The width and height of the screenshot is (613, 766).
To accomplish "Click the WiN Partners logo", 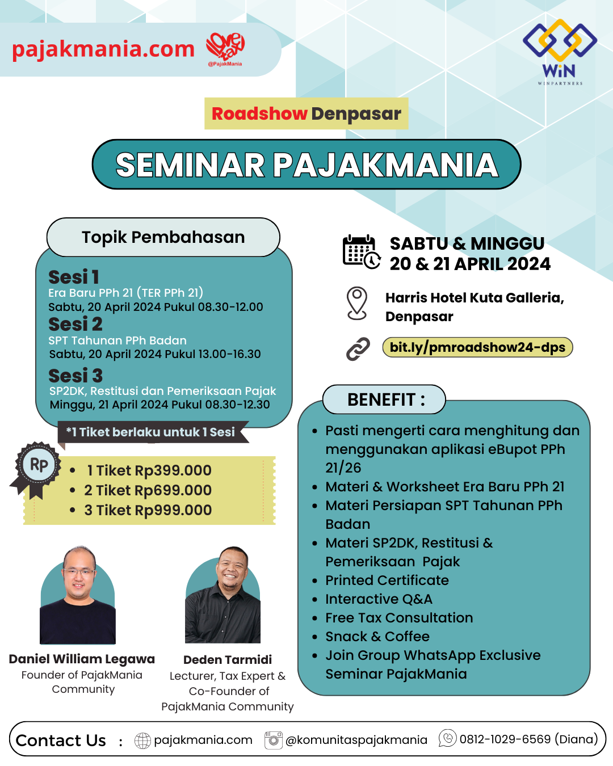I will coord(560,51).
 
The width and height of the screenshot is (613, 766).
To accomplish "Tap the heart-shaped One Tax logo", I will coord(225,48).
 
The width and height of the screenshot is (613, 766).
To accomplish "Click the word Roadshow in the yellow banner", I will coord(259,113).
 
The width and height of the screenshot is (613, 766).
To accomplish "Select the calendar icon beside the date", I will coord(361,251).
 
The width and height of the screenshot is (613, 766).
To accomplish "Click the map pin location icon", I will coord(357,303).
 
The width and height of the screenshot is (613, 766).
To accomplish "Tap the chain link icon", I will coord(358,348).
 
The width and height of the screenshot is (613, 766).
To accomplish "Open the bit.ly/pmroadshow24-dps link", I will coord(477,347).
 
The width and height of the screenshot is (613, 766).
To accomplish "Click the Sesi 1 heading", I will coord(74,277).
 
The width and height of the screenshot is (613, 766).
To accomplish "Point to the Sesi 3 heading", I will coord(75,376).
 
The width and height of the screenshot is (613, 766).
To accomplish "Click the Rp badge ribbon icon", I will coord(38,466).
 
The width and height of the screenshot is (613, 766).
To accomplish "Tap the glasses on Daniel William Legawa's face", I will coord(79,572).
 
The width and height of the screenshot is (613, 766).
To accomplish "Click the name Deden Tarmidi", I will coord(228,659).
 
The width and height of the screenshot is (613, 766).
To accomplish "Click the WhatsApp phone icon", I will coord(448,738).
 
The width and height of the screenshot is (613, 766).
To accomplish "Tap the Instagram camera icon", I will coord(274,740).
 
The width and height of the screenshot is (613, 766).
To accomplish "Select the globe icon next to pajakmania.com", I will coord(142,740).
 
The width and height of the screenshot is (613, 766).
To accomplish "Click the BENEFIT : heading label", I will coord(385,399).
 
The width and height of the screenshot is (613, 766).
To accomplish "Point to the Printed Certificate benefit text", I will coord(387,580).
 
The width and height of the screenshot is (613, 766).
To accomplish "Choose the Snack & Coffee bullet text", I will coord(377,637).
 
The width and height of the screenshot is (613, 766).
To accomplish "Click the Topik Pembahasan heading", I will coord(163,237).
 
